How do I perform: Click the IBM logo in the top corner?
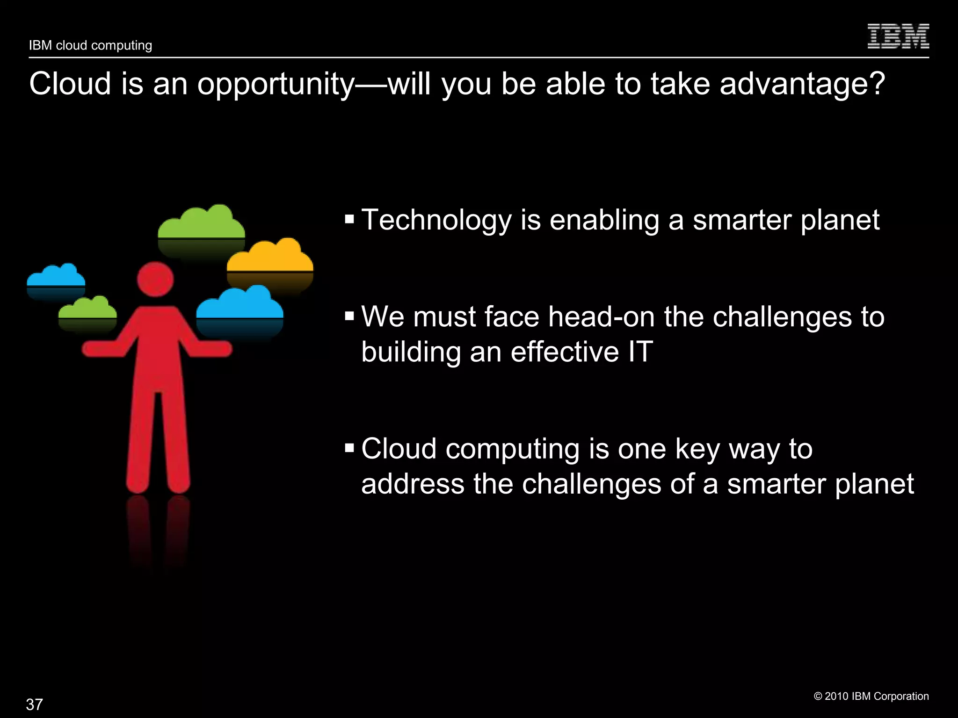pyautogui.click(x=898, y=36)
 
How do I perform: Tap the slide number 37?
pyautogui.click(x=35, y=704)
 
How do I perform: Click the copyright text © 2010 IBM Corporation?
pyautogui.click(x=871, y=696)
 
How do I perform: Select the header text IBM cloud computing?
pyautogui.click(x=90, y=45)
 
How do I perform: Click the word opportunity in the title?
pyautogui.click(x=276, y=85)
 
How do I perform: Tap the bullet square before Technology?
pyautogui.click(x=349, y=219)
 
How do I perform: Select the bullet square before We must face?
pyautogui.click(x=349, y=316)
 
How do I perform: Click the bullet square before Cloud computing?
pyautogui.click(x=349, y=448)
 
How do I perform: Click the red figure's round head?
pyautogui.click(x=155, y=280)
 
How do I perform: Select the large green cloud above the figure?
pyautogui.click(x=201, y=225)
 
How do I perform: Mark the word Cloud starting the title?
pyautogui.click(x=70, y=84)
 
